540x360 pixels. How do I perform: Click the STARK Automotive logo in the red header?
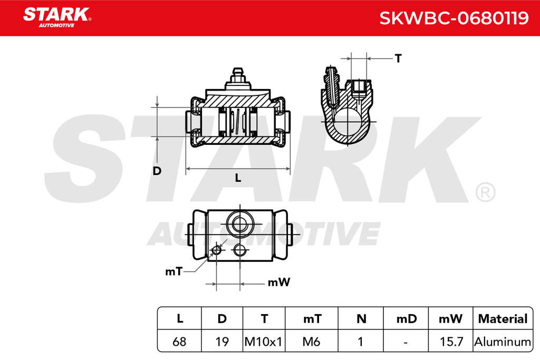57,17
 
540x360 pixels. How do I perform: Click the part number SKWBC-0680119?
454,18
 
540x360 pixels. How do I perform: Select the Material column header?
503,319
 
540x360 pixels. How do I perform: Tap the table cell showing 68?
179,342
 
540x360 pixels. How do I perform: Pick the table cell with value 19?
222,342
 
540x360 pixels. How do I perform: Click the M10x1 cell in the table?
264,342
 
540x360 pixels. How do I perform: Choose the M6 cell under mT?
311,342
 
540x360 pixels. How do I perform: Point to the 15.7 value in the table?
451,342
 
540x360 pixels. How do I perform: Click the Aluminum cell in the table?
503,342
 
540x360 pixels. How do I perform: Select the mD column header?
407,319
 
